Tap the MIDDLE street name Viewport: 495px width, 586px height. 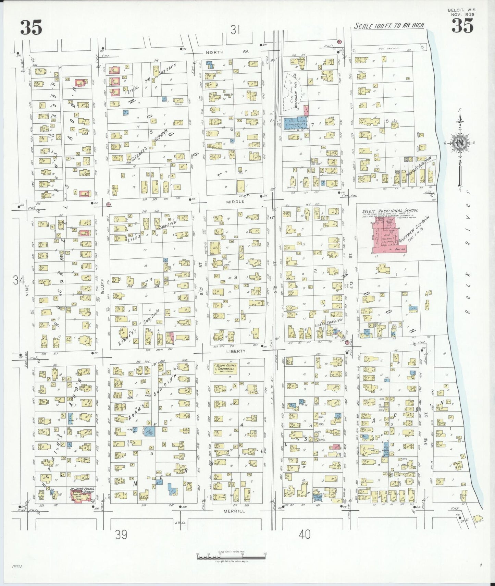(235, 202)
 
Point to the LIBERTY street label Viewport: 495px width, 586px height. (236, 351)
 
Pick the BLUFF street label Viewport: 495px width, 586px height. (102, 291)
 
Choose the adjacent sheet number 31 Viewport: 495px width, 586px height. (235, 31)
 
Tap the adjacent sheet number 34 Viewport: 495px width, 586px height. (19, 281)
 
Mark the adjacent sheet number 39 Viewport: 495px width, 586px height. (121, 534)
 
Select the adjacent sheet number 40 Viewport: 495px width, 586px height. (305, 534)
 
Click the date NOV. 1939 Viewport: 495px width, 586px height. (462, 14)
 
